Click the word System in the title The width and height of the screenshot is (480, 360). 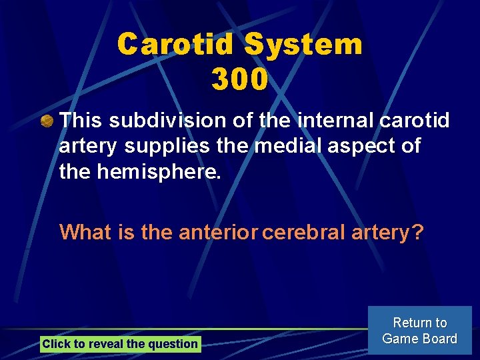pyautogui.click(x=303, y=45)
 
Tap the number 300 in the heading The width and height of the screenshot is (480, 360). pyautogui.click(x=240, y=79)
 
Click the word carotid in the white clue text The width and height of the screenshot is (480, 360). pyautogui.click(x=414, y=121)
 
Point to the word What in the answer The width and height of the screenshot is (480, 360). pyautogui.click(x=83, y=232)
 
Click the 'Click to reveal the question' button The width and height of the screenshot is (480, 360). pyautogui.click(x=120, y=344)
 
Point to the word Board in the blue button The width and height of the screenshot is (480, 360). pyautogui.click(x=439, y=339)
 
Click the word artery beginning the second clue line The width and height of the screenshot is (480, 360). pyautogui.click(x=85, y=145)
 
